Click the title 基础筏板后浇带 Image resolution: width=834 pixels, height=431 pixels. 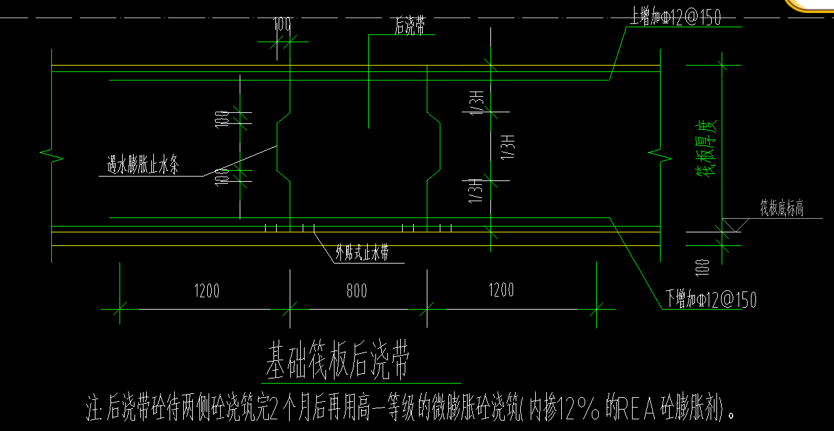coord(337,362)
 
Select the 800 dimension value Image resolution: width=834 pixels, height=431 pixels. coord(357,290)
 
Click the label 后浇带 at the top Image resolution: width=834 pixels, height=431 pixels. coord(410,27)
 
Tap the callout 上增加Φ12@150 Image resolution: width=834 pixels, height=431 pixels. coord(675,18)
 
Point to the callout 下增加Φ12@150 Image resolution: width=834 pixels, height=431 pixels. coord(711,300)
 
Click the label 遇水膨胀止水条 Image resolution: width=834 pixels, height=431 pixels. coord(143,166)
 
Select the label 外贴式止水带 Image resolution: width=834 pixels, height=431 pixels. coord(362,254)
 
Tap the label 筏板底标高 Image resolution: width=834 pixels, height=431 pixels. coord(782,208)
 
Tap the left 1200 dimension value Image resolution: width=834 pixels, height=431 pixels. coord(207,290)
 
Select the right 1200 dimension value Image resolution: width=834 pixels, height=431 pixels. coord(501,290)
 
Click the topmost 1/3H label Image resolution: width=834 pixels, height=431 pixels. coord(477,102)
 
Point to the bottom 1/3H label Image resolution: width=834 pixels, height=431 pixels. coord(477,190)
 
